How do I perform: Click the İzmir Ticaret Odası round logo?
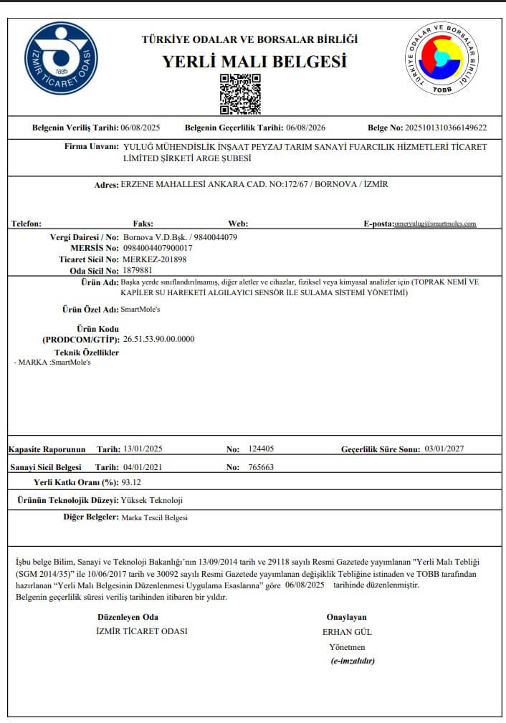pyautogui.click(x=61, y=59)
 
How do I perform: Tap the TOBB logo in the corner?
pyautogui.click(x=442, y=57)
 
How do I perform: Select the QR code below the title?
pyautogui.click(x=240, y=93)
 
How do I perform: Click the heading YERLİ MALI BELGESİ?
pyautogui.click(x=254, y=62)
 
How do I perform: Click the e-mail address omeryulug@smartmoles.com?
pyautogui.click(x=435, y=224)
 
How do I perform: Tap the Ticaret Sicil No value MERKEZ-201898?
pyautogui.click(x=155, y=259)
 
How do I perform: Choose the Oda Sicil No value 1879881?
pyautogui.click(x=138, y=271)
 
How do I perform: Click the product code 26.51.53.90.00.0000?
pyautogui.click(x=158, y=339)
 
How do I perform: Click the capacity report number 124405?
pyautogui.click(x=261, y=449)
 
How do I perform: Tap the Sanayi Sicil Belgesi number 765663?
pyautogui.click(x=261, y=467)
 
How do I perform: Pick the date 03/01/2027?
pyautogui.click(x=444, y=449)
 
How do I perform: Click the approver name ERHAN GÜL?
pyautogui.click(x=348, y=632)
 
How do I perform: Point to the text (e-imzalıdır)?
pyautogui.click(x=353, y=661)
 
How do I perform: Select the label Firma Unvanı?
pyautogui.click(x=91, y=146)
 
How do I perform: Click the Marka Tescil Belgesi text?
pyautogui.click(x=155, y=517)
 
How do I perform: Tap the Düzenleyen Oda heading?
pyautogui.click(x=128, y=617)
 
